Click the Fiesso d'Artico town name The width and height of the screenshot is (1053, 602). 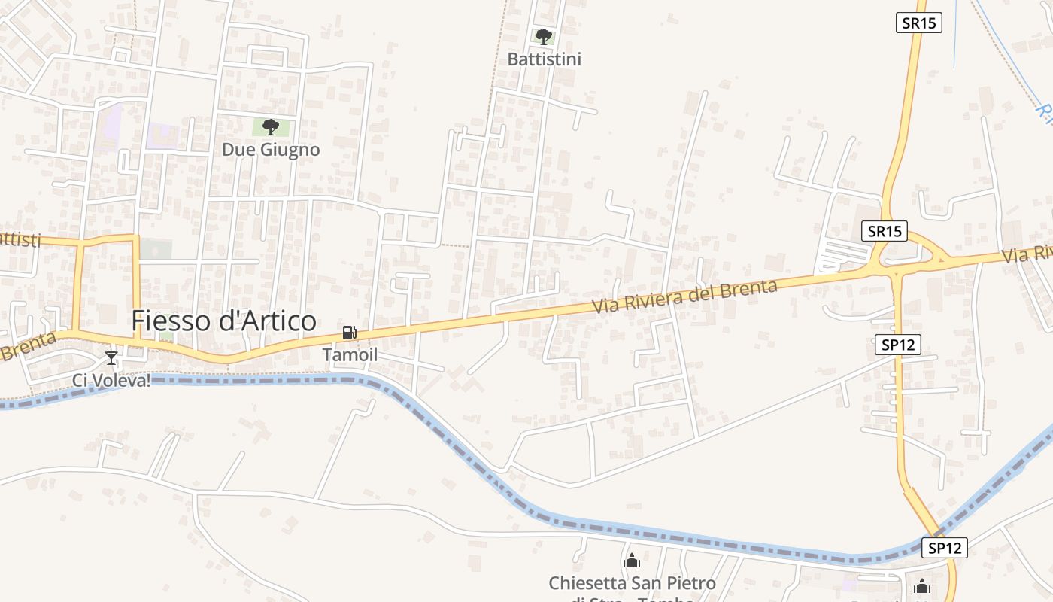click(223, 321)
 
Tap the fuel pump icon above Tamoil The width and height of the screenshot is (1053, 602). click(349, 333)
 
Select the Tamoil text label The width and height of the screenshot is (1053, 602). click(350, 354)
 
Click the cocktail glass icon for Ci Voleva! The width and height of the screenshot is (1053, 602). click(111, 358)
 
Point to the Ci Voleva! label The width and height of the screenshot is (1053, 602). click(111, 381)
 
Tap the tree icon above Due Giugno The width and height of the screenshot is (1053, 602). click(271, 127)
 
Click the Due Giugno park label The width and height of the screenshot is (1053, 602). click(271, 150)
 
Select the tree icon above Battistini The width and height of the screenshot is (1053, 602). click(543, 36)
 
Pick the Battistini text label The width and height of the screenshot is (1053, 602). click(545, 59)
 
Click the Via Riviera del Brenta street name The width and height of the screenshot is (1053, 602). click(684, 296)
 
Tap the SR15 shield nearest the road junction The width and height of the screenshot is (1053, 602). click(885, 231)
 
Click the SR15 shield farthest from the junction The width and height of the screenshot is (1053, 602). click(919, 23)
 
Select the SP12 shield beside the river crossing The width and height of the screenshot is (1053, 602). click(945, 548)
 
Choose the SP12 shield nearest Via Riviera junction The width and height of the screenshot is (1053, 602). click(898, 345)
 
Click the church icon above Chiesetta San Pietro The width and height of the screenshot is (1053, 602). click(632, 561)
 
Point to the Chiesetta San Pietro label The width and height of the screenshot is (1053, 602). click(632, 583)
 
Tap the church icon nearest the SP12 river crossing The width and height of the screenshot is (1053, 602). click(922, 586)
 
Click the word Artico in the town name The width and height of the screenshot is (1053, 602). click(268, 321)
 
